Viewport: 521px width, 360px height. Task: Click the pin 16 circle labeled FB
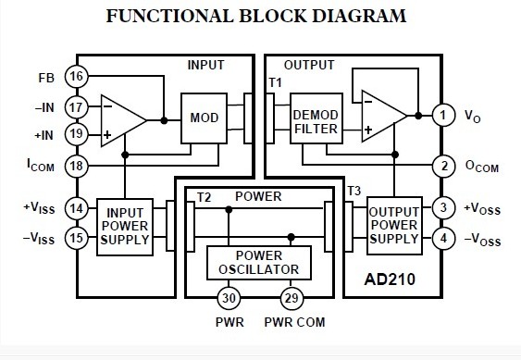pyautogui.click(x=77, y=76)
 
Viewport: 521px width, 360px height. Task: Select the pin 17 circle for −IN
pyautogui.click(x=77, y=106)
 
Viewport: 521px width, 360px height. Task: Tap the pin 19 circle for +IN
pyautogui.click(x=77, y=134)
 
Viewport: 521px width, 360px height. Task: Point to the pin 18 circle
pyautogui.click(x=77, y=165)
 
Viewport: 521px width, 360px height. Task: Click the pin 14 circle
pyautogui.click(x=77, y=208)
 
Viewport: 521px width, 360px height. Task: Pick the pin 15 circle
pyautogui.click(x=77, y=239)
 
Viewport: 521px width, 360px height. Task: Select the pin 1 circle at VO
pyautogui.click(x=443, y=116)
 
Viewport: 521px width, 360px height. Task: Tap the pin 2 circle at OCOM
pyautogui.click(x=443, y=167)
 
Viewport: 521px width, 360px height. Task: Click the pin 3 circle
pyautogui.click(x=443, y=207)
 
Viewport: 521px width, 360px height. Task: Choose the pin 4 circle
pyautogui.click(x=443, y=238)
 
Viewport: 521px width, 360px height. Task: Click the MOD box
pyautogui.click(x=204, y=118)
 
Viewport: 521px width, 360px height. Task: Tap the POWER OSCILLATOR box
pyautogui.click(x=258, y=262)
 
